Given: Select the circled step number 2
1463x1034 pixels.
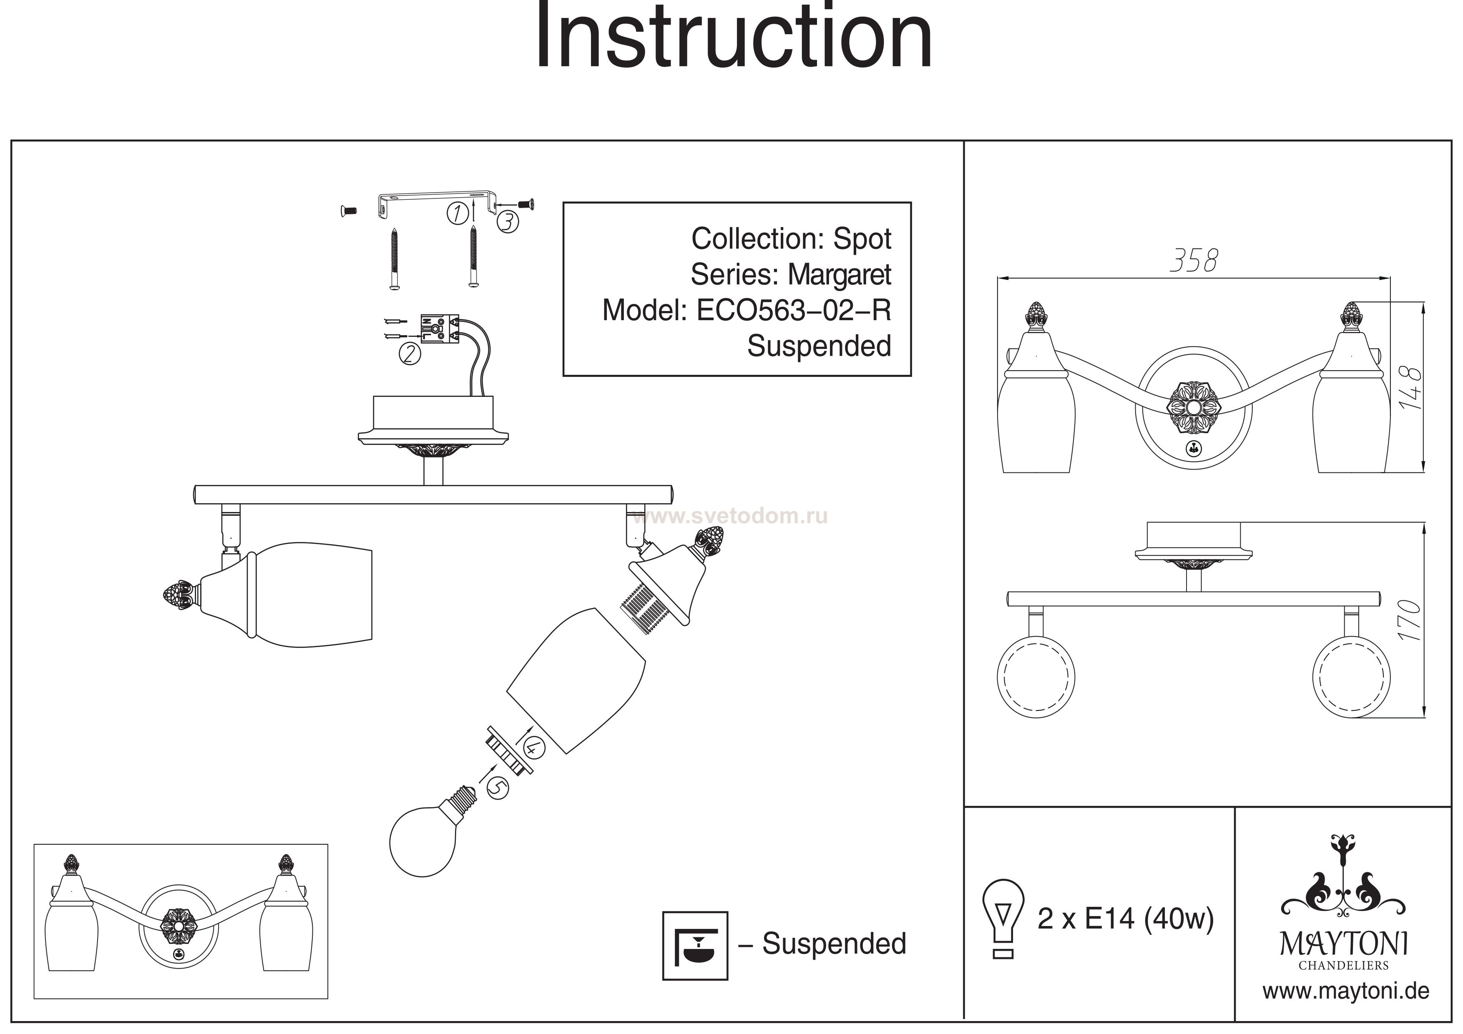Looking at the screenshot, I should click(410, 353).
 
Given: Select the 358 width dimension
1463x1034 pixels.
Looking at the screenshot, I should click(1194, 261).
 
